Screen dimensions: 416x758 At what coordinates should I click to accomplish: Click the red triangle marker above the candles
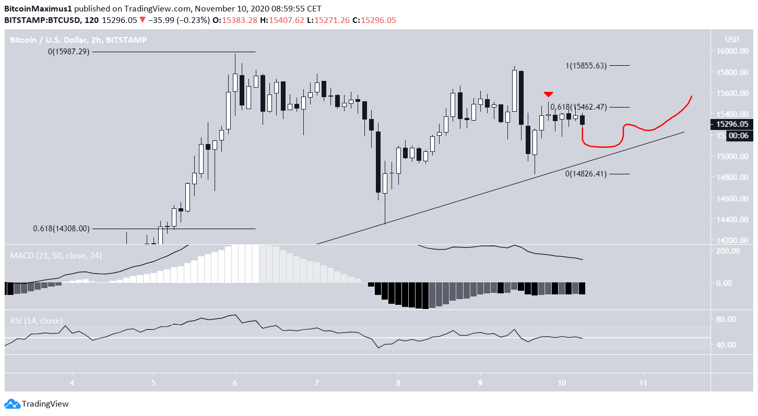click(x=548, y=94)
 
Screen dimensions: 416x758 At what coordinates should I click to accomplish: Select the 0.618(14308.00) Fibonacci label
click(x=62, y=229)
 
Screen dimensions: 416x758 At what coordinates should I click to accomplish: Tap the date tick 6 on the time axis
click(x=235, y=383)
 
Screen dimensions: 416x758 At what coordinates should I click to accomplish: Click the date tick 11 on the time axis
click(x=643, y=383)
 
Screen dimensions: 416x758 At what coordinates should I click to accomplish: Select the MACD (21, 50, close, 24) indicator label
click(x=55, y=256)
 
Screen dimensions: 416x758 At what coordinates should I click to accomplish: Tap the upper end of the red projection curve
click(x=692, y=97)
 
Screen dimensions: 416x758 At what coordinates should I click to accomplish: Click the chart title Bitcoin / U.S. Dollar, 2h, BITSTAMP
click(x=79, y=40)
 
